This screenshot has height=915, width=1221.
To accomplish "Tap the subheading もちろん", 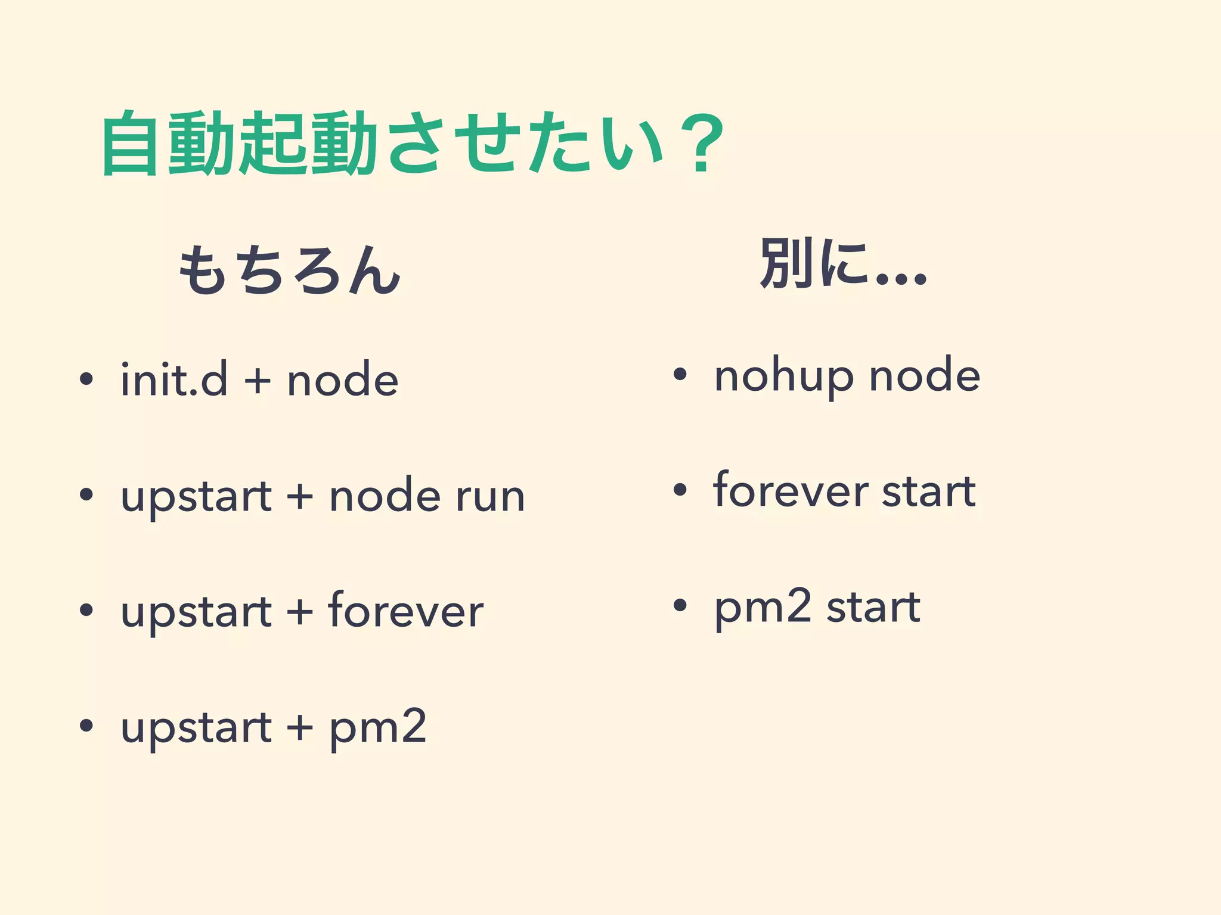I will (289, 271).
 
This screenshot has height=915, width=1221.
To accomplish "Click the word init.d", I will (173, 379).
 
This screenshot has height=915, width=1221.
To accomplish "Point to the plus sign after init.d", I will (258, 381).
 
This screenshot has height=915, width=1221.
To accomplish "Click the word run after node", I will (490, 496).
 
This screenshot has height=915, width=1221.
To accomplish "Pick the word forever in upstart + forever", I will (405, 611).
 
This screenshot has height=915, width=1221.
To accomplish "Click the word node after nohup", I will (925, 376).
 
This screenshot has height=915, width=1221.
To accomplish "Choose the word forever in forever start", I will (791, 491).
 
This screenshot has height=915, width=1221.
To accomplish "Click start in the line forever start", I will (928, 492).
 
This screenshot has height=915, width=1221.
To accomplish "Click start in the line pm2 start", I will (873, 608).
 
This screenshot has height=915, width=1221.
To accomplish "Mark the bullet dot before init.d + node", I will (86, 379).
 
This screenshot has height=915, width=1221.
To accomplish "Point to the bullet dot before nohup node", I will (680, 375).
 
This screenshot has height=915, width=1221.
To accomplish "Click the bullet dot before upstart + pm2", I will (86, 725).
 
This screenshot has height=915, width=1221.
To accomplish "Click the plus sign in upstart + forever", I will (300, 612).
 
